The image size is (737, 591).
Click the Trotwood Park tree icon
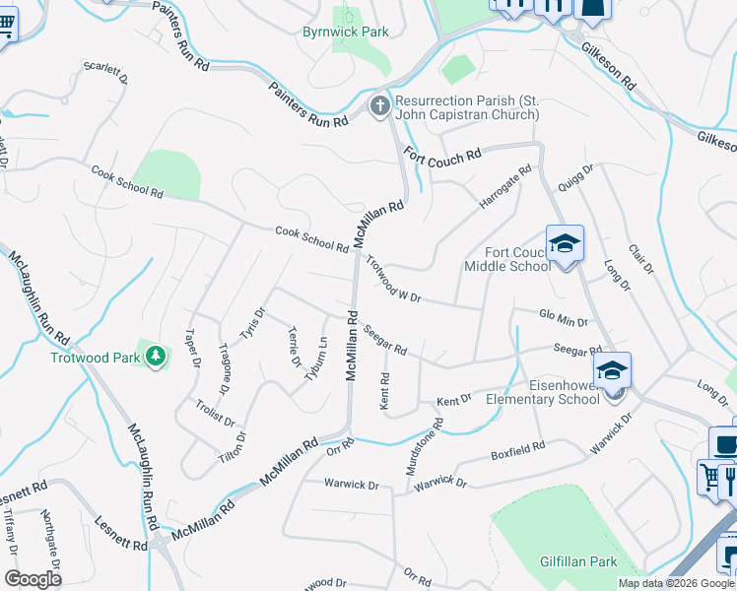click(x=155, y=355)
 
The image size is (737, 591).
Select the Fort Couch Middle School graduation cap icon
click(x=565, y=243)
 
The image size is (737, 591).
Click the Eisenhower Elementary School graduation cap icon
click(x=612, y=370)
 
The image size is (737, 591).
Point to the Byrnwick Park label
click(x=345, y=32)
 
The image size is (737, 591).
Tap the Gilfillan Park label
click(x=578, y=561)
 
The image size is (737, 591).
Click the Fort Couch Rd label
click(x=444, y=154)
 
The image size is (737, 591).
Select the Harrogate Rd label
click(x=505, y=186)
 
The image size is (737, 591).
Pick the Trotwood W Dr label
click(x=393, y=279)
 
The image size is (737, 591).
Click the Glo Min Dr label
click(x=564, y=320)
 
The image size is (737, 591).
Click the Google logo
click(x=33, y=579)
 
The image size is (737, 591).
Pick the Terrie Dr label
click(x=293, y=348)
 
